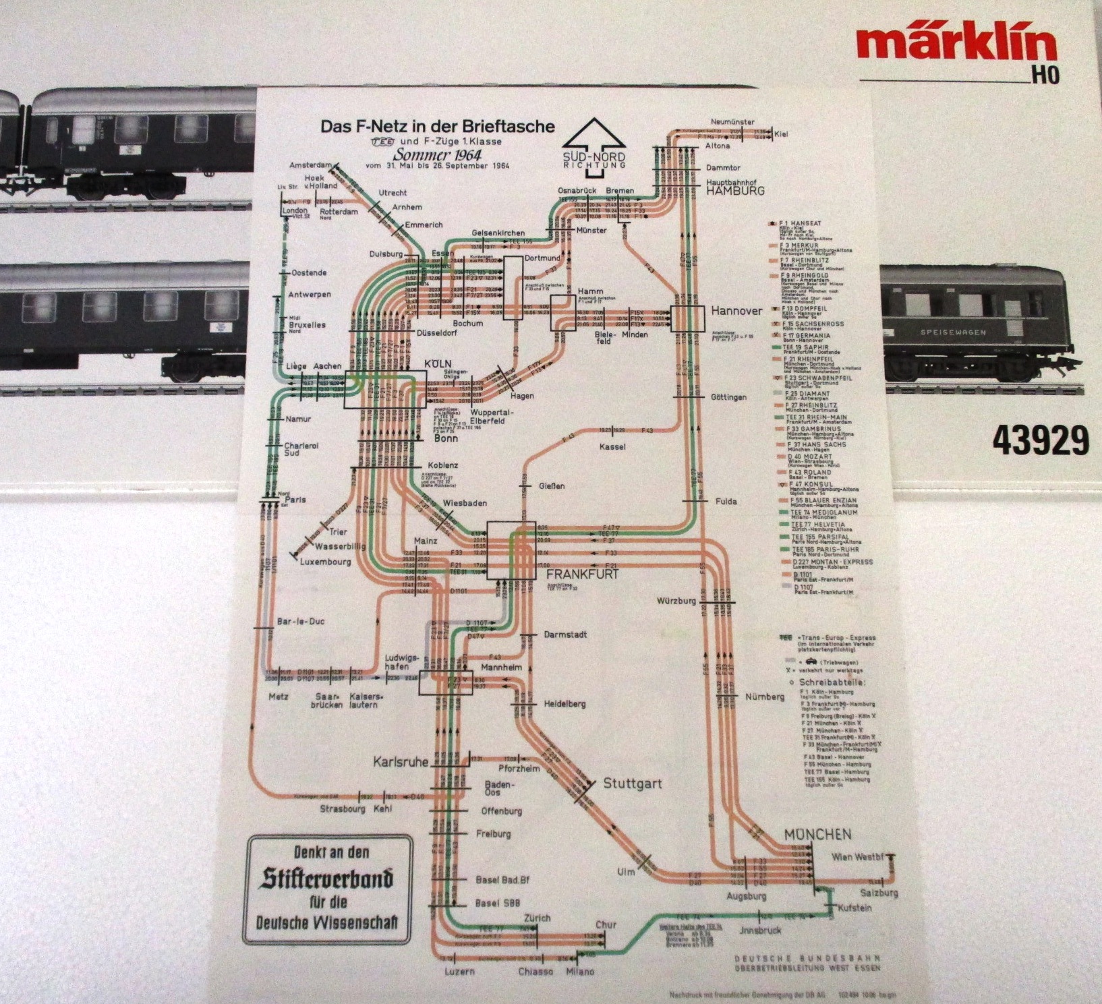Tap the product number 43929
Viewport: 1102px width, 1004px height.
click(x=1039, y=440)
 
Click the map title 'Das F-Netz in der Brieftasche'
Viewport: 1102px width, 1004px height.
click(x=437, y=126)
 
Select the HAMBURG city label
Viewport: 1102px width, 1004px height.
click(x=735, y=191)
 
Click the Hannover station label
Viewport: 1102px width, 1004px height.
click(x=736, y=311)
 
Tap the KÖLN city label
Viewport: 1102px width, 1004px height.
click(x=438, y=363)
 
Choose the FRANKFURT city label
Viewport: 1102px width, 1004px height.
click(x=582, y=574)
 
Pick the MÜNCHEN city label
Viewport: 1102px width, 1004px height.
click(x=817, y=835)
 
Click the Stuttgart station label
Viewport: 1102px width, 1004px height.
click(x=632, y=784)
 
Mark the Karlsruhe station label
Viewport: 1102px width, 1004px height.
click(x=401, y=762)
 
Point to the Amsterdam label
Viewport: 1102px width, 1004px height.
click(x=310, y=165)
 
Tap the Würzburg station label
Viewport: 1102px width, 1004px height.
click(x=676, y=601)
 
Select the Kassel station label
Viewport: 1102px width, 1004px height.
click(x=612, y=446)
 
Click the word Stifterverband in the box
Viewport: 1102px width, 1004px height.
click(x=327, y=879)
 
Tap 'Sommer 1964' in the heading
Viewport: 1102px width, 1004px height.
click(x=433, y=154)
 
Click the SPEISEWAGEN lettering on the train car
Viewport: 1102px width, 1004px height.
click(x=953, y=332)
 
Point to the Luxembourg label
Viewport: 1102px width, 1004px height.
click(x=326, y=561)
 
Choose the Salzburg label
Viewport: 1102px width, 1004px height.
click(x=879, y=893)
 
